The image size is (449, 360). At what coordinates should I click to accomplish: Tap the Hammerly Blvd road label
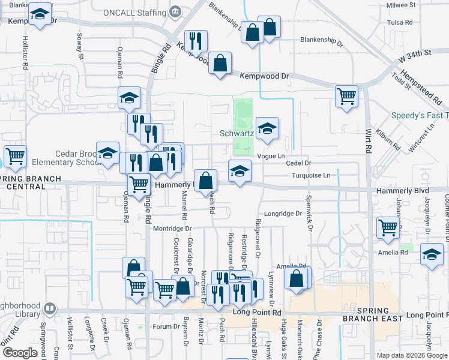coord(403,191)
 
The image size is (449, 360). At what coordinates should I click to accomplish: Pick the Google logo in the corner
coord(20,352)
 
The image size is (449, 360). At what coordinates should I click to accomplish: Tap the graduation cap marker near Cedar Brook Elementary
coord(108,154)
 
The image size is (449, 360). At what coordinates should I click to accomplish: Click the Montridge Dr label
coord(172,229)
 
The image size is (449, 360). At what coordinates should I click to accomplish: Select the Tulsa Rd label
coord(400,22)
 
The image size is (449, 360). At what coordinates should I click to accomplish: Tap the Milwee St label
coord(401,5)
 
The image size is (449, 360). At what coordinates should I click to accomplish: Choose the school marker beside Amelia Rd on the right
coord(432,254)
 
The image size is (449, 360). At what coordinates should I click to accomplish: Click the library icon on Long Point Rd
coord(50,309)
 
